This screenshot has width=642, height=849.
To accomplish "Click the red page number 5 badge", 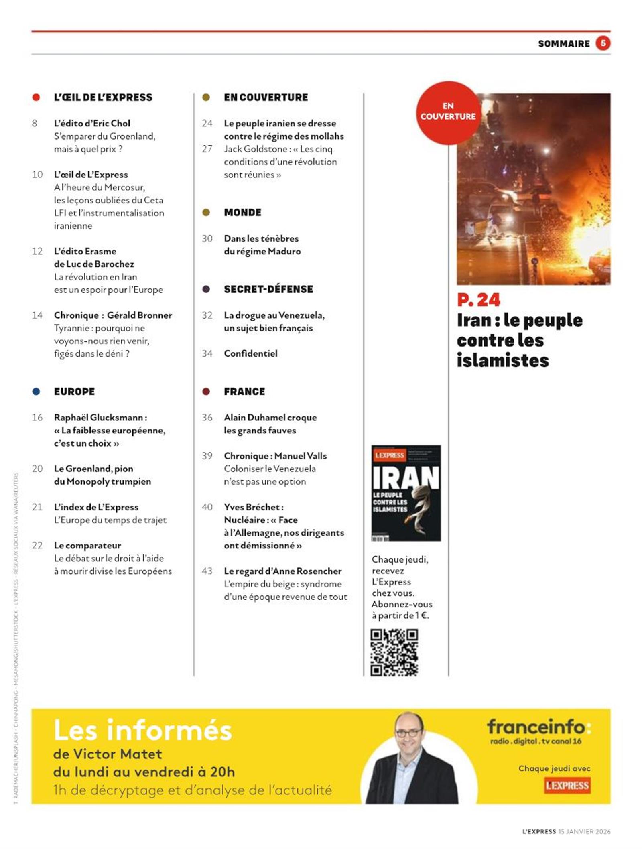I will [x=602, y=43].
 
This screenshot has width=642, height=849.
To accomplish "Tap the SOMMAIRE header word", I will [x=563, y=44].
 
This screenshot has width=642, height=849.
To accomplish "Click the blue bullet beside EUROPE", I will [x=36, y=392].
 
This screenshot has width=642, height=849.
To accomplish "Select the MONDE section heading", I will [x=242, y=213].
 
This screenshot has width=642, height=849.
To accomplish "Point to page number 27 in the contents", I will [x=207, y=149].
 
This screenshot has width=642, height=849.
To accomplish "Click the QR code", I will [x=394, y=652].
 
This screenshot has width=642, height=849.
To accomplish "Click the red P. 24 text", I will [x=478, y=300].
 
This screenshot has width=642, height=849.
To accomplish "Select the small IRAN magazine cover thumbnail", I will [x=406, y=493].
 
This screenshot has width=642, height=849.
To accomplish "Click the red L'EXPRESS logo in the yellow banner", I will [x=567, y=785].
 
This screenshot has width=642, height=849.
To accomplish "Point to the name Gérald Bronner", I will [x=139, y=315].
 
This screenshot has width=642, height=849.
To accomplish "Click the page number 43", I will [x=207, y=571].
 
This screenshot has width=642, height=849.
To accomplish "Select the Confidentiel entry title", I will [x=250, y=353].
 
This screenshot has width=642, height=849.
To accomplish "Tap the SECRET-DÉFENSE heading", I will [x=268, y=289].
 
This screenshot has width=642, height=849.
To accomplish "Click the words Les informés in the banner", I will [x=142, y=730].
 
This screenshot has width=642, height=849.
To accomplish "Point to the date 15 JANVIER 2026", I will [x=584, y=831].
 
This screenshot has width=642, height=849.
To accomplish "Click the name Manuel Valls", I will [x=301, y=456].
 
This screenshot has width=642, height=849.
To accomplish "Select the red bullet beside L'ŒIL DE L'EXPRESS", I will [x=36, y=97].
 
